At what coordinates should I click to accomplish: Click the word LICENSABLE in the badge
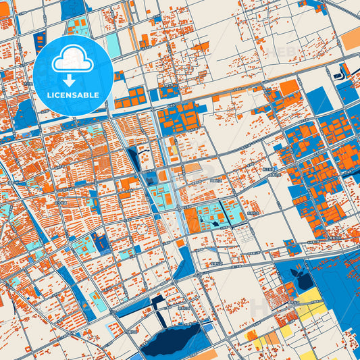73,95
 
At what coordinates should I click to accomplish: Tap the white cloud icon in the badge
73,59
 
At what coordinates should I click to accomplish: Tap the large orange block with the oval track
193,220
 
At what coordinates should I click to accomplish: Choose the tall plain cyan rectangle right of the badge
113,45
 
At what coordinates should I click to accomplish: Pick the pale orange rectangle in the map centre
193,165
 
